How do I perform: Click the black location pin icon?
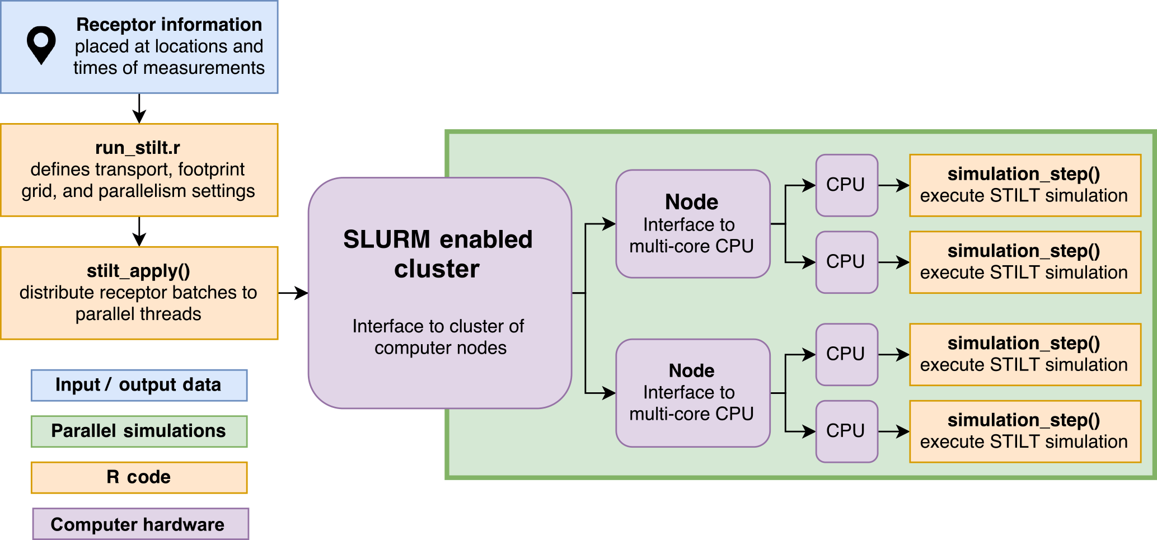pos(41,44)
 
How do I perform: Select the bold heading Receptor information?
pos(169,25)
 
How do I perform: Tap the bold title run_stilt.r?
pos(138,148)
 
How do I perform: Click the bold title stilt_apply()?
pos(138,271)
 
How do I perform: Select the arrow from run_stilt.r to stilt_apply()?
pos(139,231)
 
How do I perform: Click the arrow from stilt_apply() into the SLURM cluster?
pos(293,293)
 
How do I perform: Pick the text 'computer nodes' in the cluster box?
pos(441,348)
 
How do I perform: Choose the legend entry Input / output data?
pos(139,385)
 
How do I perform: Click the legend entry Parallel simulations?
pos(139,431)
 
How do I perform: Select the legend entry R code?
pos(139,477)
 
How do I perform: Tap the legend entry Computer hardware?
pos(138,524)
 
